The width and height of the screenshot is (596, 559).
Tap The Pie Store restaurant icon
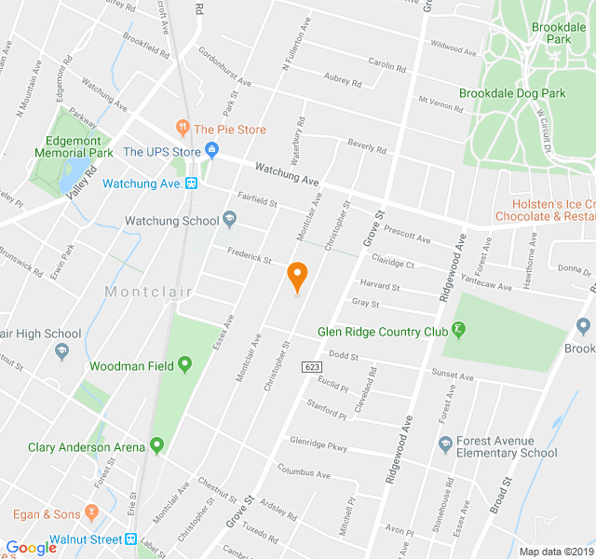[x=183, y=129]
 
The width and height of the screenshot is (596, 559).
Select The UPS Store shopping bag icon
[x=211, y=150]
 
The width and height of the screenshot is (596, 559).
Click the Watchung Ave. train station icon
[x=191, y=184]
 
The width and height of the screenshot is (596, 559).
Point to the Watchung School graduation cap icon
[x=229, y=220]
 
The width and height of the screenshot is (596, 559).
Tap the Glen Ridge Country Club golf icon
[x=458, y=330]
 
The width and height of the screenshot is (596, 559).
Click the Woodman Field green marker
[x=184, y=365]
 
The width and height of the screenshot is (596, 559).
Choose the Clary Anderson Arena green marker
[x=156, y=446]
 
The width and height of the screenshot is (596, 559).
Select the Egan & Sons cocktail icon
[x=91, y=512]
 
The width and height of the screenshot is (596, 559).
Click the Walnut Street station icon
[x=131, y=539]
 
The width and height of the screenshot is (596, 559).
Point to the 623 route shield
[x=312, y=368]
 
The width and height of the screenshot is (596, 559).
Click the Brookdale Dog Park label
[x=511, y=93]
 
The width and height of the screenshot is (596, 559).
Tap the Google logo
[x=31, y=548]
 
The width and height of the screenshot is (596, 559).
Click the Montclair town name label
[x=148, y=292]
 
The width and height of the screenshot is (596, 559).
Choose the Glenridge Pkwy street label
[x=318, y=444]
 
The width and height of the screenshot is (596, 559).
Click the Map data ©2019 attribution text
[x=555, y=552]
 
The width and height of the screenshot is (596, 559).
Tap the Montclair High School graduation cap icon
[x=61, y=351]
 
